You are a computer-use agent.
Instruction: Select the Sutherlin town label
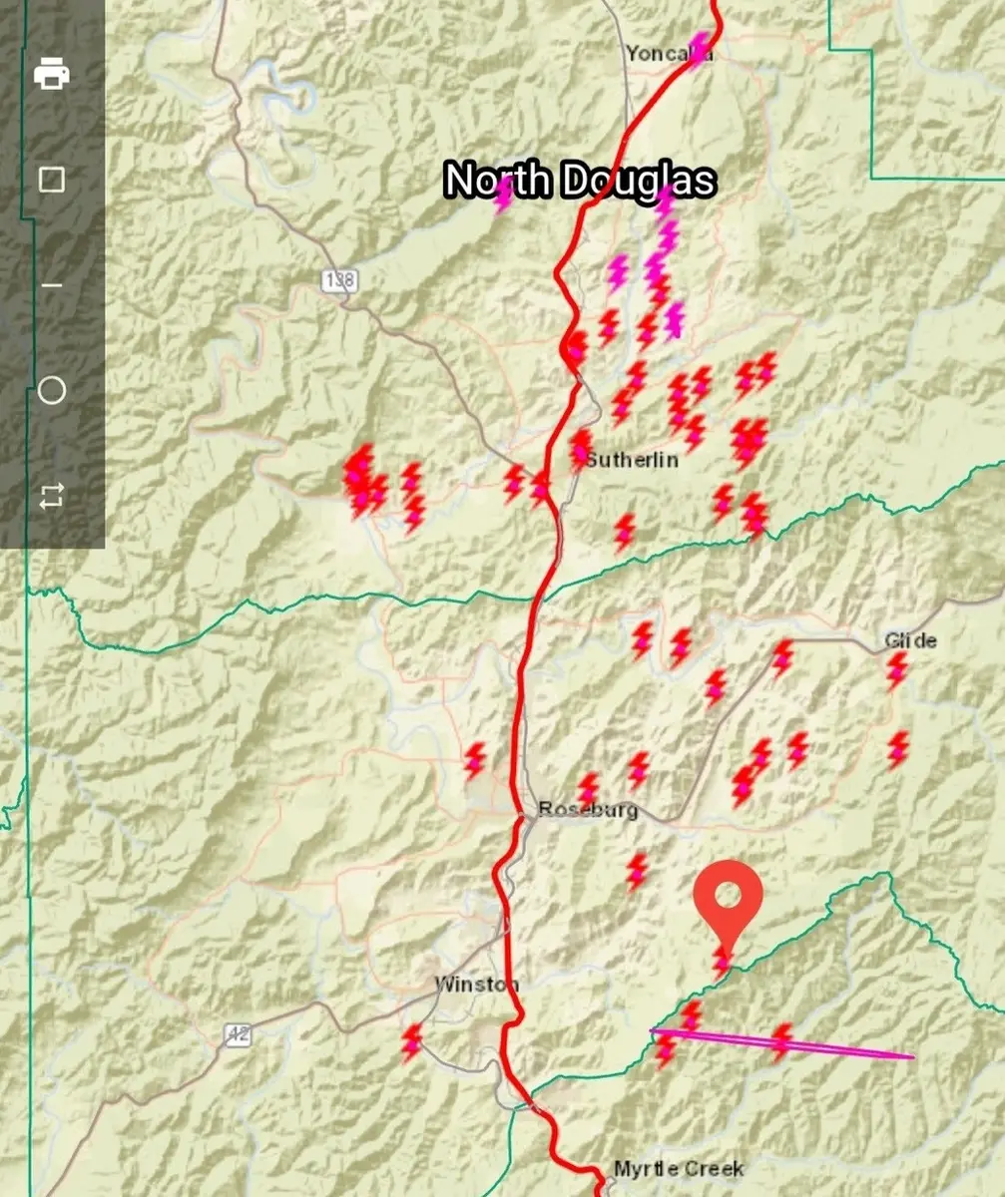[632, 460]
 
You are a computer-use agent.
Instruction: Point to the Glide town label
[910, 640]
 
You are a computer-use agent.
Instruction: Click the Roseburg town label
[588, 809]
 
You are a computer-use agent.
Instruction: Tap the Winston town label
[476, 985]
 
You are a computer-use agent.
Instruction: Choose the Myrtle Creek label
[678, 1169]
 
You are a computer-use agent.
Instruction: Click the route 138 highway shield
[339, 280]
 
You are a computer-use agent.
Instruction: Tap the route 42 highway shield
[237, 1035]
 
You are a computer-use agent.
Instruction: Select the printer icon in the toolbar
[52, 74]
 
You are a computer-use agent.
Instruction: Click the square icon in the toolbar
[52, 180]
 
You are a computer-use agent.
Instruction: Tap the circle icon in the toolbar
[52, 390]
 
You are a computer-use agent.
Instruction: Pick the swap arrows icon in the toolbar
[52, 496]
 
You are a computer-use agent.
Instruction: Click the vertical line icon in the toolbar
[52, 285]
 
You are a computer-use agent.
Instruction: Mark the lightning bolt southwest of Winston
[411, 1041]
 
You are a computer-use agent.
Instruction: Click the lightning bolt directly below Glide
[897, 669]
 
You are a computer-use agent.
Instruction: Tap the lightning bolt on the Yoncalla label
[700, 48]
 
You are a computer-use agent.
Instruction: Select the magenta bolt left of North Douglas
[503, 195]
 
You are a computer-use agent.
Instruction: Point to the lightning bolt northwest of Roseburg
[475, 760]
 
